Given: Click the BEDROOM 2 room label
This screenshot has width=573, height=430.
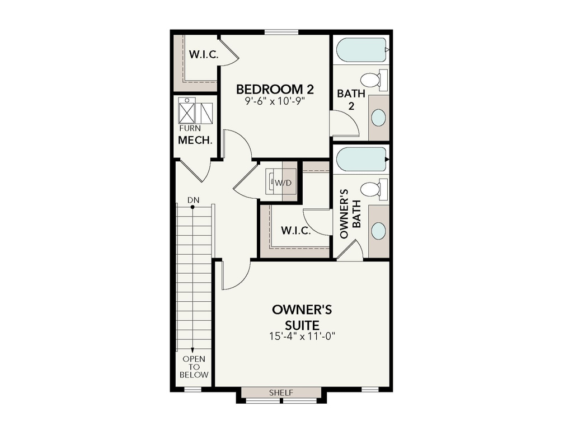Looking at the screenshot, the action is (275, 89).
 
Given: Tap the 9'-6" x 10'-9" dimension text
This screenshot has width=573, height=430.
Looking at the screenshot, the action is (275, 101).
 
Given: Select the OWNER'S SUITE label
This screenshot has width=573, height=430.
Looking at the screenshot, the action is (302, 317).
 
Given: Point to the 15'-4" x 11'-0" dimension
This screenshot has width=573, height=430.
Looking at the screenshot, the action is (302, 336).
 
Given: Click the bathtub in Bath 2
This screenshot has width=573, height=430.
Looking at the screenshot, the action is (361, 50).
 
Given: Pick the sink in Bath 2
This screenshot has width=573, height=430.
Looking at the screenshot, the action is (378, 118).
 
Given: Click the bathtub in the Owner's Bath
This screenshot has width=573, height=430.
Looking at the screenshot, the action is (361, 159).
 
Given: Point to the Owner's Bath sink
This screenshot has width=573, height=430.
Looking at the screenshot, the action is (378, 231).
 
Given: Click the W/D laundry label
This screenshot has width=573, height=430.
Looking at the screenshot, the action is (283, 183).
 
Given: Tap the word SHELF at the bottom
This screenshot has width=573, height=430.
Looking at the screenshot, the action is (281, 393).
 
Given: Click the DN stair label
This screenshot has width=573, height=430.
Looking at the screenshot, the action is (193, 200).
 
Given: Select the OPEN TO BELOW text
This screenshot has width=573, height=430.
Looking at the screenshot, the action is (194, 367).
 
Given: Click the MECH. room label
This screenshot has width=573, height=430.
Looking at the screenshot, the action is (195, 140).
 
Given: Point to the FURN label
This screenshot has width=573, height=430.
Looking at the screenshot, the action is (190, 128).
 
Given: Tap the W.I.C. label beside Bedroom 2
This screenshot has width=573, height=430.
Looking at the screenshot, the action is (204, 55).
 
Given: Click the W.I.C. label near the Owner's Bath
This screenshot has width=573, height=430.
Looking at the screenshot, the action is (296, 231).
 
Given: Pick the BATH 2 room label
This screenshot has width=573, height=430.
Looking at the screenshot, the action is (351, 100).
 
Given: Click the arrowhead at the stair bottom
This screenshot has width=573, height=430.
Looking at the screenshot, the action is (192, 350).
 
